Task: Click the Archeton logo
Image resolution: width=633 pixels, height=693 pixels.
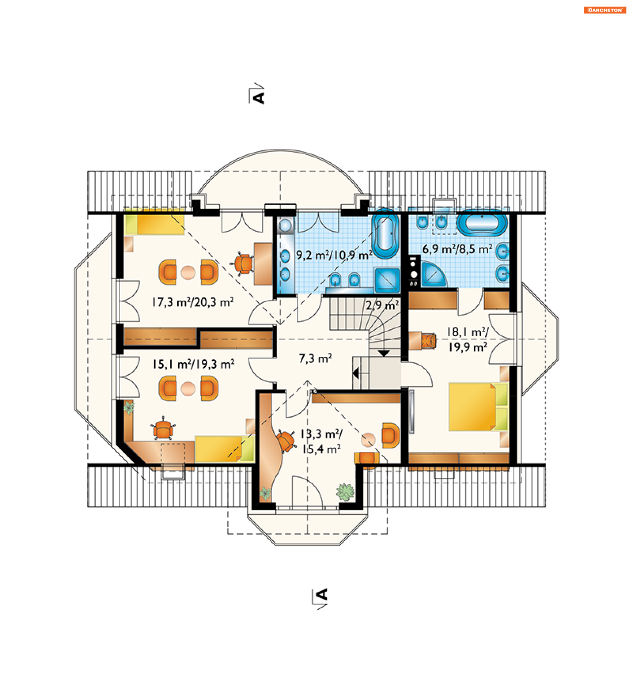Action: point(604,10)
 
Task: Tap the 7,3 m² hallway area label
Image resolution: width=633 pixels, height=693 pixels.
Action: point(315,358)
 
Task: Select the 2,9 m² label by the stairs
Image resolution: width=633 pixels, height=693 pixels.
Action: point(382,305)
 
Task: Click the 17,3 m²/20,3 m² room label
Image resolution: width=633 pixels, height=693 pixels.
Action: point(193,302)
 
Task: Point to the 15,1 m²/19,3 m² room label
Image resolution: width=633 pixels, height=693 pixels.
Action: point(193,364)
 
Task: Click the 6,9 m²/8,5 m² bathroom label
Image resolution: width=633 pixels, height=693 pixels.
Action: point(457,249)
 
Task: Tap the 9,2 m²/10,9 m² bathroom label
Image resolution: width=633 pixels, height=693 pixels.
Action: point(334,255)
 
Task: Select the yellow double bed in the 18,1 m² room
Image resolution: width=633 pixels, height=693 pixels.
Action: point(478,407)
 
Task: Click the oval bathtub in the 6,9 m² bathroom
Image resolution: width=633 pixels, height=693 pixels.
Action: point(482,223)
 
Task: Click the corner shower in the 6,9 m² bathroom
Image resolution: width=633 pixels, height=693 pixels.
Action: point(433,274)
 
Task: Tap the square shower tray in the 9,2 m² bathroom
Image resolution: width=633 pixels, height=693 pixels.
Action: point(387,280)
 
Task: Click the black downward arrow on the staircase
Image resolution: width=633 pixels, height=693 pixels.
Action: point(384,353)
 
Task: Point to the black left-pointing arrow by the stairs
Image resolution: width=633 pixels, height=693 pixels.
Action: point(355,373)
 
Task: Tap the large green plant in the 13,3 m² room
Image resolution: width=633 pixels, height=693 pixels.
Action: point(345,492)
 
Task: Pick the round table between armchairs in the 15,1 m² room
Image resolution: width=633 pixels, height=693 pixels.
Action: point(188,389)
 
